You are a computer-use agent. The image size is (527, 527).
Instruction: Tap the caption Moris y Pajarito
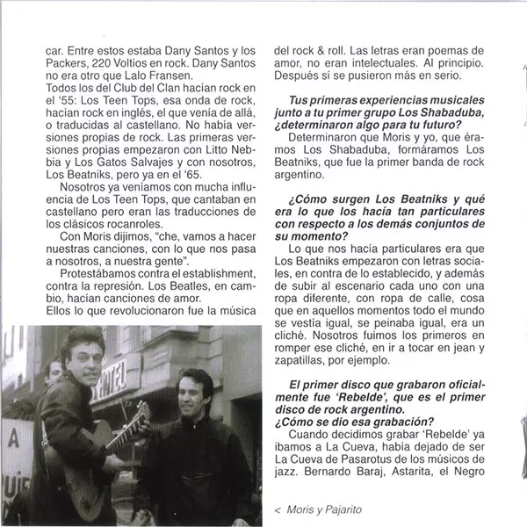point(317,509)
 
